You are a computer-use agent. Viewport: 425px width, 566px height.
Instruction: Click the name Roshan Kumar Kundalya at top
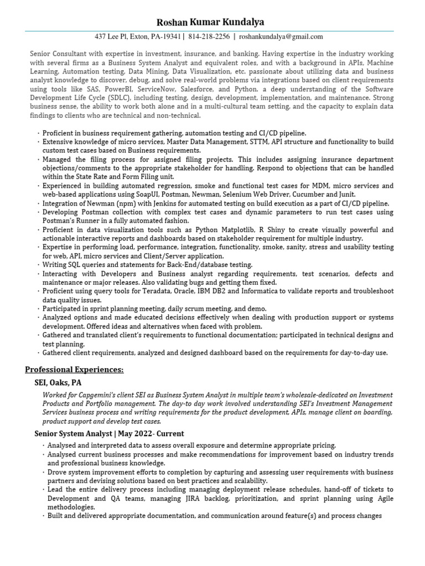tap(210, 22)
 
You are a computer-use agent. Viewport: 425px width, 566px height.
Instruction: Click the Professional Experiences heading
tap(74, 369)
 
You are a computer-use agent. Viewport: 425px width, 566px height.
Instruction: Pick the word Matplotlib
tap(228, 230)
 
